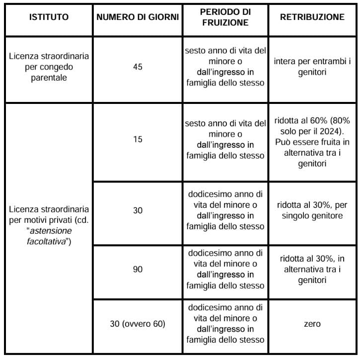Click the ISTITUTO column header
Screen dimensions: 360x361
click(x=49, y=17)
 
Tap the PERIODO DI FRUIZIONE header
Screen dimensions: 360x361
click(x=225, y=17)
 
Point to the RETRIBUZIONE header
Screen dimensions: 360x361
click(x=312, y=17)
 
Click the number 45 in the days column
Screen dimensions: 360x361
click(x=138, y=67)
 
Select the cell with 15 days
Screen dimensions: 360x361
click(x=138, y=139)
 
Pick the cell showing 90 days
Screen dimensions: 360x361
click(x=138, y=269)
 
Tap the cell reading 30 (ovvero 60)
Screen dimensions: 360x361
click(x=138, y=324)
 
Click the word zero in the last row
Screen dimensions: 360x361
click(x=312, y=324)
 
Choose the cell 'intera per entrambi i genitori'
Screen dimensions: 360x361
click(x=312, y=67)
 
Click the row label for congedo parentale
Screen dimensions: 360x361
click(x=49, y=67)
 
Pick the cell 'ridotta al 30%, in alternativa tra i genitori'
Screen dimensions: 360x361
click(x=312, y=269)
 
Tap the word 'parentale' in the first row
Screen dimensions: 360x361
click(x=49, y=77)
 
